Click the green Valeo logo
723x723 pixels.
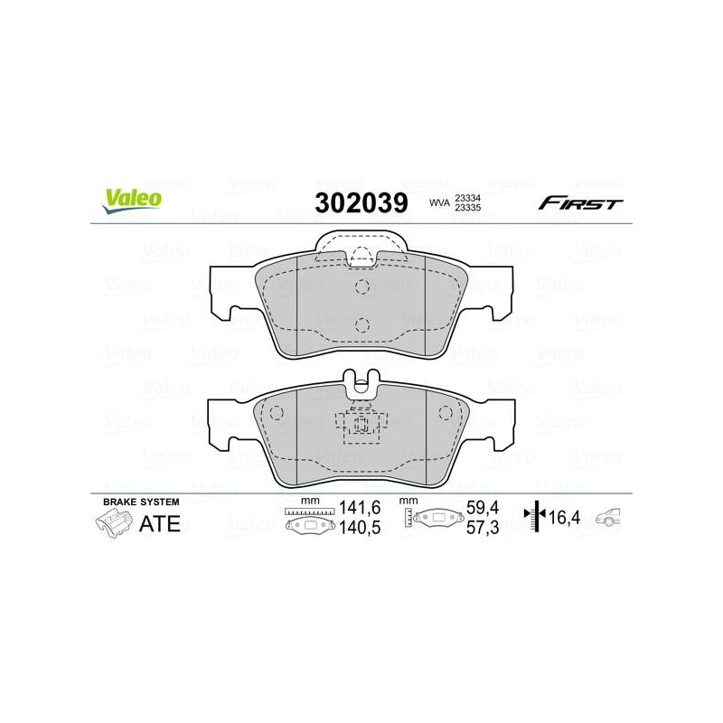132,201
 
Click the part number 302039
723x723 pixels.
361,202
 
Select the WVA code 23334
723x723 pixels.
467,198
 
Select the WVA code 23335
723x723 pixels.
467,208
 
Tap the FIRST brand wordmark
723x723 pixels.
580,202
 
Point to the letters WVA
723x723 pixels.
439,202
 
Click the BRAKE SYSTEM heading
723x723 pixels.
141,502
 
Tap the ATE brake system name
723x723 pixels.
160,524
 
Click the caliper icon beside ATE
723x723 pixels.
114,525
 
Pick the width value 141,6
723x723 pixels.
360,508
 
